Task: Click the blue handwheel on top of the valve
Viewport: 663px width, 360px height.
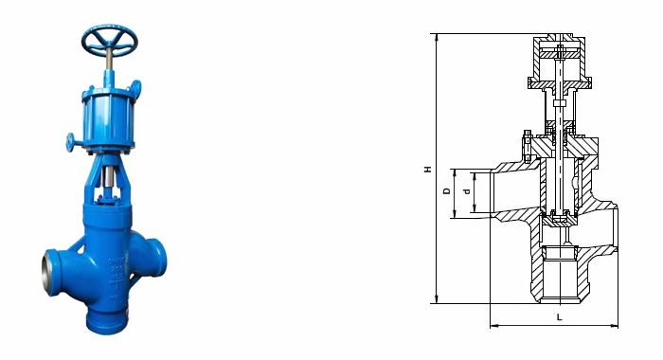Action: [x=110, y=41]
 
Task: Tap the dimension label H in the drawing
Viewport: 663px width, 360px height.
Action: [x=428, y=170]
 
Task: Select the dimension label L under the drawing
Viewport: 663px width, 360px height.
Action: [x=559, y=317]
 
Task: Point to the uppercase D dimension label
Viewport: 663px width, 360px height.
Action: [x=446, y=191]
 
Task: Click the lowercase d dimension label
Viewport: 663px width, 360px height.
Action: [x=467, y=191]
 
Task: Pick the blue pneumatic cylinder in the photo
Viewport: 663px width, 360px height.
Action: [x=109, y=117]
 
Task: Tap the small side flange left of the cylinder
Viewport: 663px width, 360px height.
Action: [x=70, y=141]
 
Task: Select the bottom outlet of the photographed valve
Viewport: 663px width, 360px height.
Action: [x=107, y=322]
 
